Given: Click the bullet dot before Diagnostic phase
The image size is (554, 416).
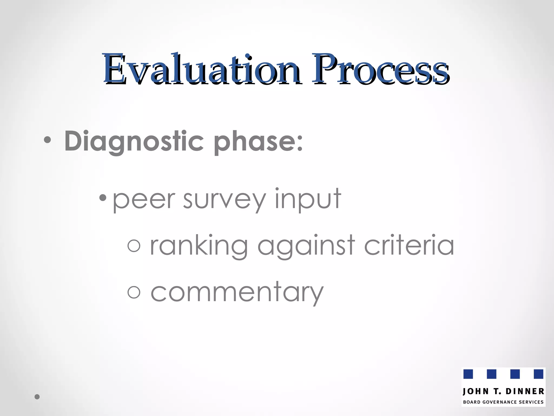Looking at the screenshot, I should pos(47,140).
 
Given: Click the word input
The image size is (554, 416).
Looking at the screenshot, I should pos(308,200).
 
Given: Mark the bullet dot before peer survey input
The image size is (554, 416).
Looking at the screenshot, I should pos(103,197).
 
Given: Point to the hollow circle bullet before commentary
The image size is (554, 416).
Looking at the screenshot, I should pos(134,292).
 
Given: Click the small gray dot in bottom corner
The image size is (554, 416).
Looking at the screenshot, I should pos(37,397).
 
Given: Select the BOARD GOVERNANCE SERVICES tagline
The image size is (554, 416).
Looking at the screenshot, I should pos(503,402).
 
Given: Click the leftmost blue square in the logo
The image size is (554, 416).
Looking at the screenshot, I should pos(468,374).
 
